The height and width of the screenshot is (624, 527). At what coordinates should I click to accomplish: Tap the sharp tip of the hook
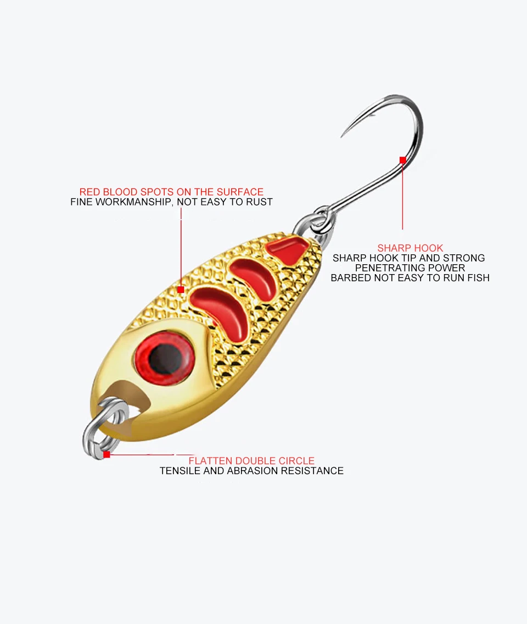click(342, 136)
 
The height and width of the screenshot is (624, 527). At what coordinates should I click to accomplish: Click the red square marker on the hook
click(402, 160)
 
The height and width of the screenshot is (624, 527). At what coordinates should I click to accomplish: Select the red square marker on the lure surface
click(181, 289)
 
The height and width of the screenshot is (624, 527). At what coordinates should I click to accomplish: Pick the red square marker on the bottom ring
click(106, 454)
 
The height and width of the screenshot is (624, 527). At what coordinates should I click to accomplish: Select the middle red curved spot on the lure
click(254, 278)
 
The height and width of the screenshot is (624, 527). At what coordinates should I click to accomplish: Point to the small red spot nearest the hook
click(288, 250)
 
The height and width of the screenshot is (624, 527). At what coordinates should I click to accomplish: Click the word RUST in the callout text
click(260, 202)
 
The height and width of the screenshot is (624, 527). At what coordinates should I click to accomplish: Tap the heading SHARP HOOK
click(410, 248)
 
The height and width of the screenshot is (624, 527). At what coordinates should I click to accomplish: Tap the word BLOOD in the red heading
click(122, 192)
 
